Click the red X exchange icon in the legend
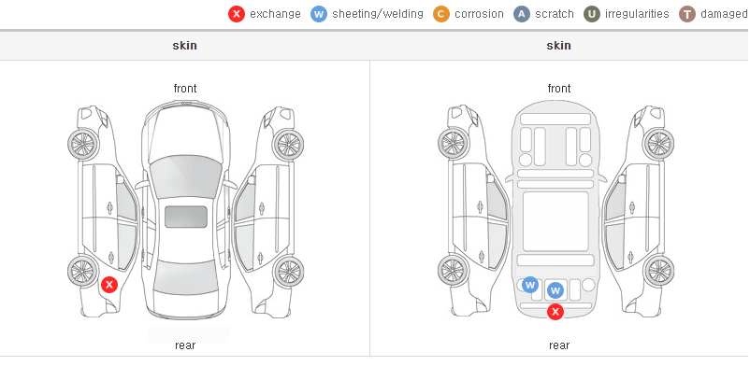click(x=237, y=14)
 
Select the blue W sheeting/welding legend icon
click(x=319, y=14)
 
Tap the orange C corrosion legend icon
click(x=441, y=14)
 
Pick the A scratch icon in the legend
click(x=522, y=14)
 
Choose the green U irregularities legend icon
click(x=592, y=14)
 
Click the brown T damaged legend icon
click(x=686, y=14)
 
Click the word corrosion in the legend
click(x=479, y=14)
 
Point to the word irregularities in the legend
click(x=637, y=14)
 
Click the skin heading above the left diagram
click(x=184, y=46)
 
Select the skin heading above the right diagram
click(x=558, y=46)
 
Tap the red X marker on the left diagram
click(x=109, y=285)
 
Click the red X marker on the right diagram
click(x=555, y=312)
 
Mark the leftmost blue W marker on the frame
click(x=530, y=286)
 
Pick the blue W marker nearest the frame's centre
click(x=555, y=290)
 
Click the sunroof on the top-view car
click(x=186, y=217)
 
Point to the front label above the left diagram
click(x=185, y=89)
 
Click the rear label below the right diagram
click(x=559, y=345)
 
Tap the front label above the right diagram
click(x=559, y=89)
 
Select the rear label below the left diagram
click(x=185, y=345)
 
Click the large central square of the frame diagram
click(x=555, y=221)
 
